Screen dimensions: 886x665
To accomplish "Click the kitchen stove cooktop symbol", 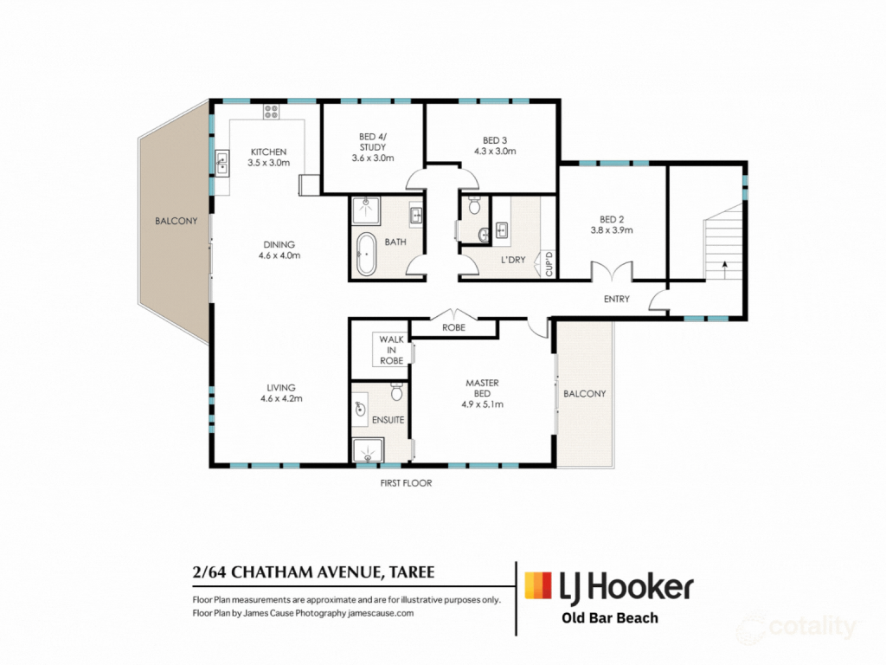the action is coord(271,112).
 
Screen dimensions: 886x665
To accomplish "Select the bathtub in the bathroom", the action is coord(366,254).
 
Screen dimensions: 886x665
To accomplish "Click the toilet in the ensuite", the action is coord(396,391).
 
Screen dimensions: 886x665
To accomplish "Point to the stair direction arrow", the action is coord(724,269).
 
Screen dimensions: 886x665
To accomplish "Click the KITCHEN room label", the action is coord(268,152).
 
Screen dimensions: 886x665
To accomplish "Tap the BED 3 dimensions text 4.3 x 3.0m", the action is coord(495,151).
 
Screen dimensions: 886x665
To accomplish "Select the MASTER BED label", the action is coord(482,388).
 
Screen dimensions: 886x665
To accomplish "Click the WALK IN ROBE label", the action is coord(391,350).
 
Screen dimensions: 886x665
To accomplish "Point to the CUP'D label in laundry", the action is coord(549,264).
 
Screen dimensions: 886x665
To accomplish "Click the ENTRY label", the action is coord(616,299).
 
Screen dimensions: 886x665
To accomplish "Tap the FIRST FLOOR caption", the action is coord(406,483).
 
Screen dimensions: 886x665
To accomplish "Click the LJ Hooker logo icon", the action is coord(538,585).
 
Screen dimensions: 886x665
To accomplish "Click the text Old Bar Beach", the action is coord(610,618).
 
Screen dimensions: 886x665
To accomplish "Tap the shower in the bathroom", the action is coord(366,210).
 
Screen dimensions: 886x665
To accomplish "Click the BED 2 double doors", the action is coord(612,271).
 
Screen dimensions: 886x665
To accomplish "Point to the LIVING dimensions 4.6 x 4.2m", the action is coord(281,398).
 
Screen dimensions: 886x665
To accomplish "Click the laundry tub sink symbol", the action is coord(502,230).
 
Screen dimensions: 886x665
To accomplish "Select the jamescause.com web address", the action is coord(381,613).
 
